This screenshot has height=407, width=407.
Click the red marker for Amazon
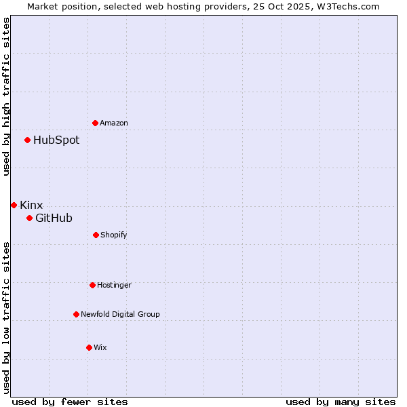click(x=95, y=123)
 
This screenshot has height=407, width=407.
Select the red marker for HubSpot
click(x=27, y=140)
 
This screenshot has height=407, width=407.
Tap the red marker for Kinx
click(x=14, y=205)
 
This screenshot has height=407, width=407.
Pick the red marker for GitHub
click(x=29, y=218)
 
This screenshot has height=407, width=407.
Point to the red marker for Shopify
click(x=96, y=235)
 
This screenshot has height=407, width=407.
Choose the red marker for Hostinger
click(x=92, y=285)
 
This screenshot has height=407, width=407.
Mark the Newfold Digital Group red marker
click(x=76, y=314)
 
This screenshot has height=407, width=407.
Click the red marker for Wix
click(x=89, y=347)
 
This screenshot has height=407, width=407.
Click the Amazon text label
click(x=114, y=123)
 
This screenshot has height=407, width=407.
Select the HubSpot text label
click(x=56, y=140)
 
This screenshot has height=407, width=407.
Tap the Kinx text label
click(x=31, y=205)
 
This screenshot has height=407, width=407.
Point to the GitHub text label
click(x=54, y=218)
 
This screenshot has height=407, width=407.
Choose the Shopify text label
click(x=114, y=235)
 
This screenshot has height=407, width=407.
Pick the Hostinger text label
click(x=114, y=285)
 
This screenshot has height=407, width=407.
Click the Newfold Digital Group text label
click(x=120, y=314)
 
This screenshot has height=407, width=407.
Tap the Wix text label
click(x=100, y=347)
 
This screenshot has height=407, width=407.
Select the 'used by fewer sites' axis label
click(x=70, y=402)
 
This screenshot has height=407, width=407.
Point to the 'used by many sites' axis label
click(x=341, y=402)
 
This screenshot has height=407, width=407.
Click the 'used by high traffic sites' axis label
click(x=6, y=96)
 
